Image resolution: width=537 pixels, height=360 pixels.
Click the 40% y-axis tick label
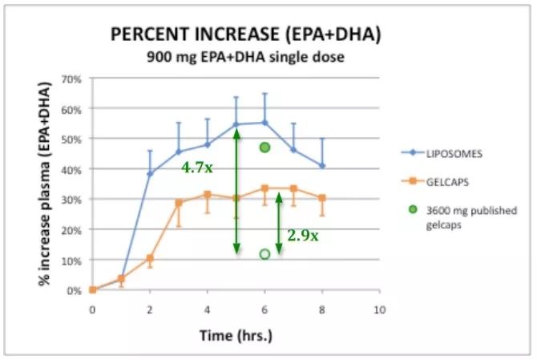click(71, 169)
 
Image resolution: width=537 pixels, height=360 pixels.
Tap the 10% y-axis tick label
click(71, 260)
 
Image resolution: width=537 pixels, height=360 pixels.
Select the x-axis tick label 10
click(380, 309)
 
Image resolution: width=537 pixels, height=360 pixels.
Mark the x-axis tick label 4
click(207, 309)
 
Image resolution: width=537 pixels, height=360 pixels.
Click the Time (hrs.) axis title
click(235, 334)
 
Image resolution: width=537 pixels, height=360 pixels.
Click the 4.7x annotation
click(197, 168)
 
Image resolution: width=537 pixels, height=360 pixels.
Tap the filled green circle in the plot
click(264, 148)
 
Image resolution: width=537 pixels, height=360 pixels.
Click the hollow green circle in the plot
click(264, 254)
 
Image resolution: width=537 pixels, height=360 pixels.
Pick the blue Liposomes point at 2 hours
click(150, 173)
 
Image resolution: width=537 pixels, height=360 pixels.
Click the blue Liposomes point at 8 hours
click(322, 166)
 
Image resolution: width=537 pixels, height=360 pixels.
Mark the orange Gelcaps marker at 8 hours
click(322, 198)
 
